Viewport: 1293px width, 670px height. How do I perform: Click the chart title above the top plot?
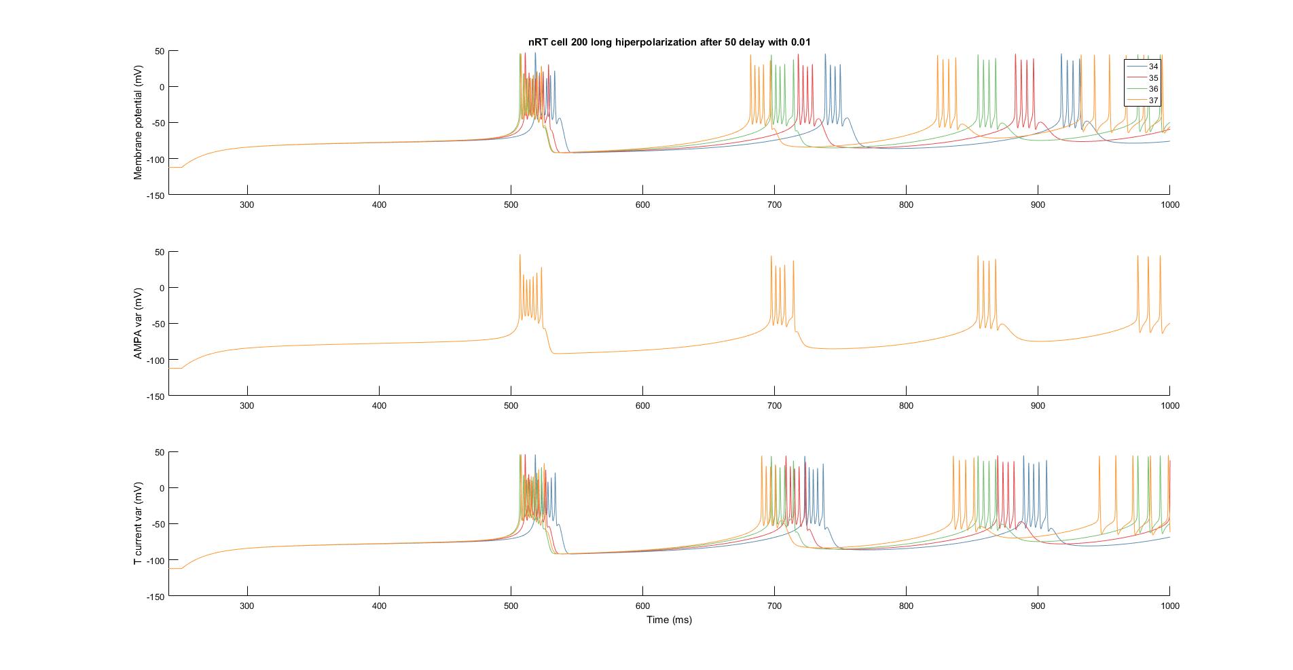coord(669,42)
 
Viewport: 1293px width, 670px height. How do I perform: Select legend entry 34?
coord(1153,67)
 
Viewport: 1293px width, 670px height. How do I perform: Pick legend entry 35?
coord(1153,78)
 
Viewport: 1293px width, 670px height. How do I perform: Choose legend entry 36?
coord(1153,89)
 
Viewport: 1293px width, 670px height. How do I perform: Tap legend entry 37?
coord(1153,100)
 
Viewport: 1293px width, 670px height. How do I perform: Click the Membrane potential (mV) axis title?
coord(139,122)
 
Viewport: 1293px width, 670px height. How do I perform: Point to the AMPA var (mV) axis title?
coord(139,323)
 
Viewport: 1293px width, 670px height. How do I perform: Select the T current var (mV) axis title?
coord(139,524)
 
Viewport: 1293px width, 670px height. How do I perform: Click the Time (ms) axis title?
coord(669,619)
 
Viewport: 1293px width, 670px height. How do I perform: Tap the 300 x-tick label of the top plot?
coord(247,205)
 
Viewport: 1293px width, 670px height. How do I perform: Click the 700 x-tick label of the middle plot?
coord(774,405)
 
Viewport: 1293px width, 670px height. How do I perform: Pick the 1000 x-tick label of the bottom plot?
coord(1169,606)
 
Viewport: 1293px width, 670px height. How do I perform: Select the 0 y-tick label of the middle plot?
coord(162,288)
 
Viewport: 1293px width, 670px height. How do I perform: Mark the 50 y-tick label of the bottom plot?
coord(160,452)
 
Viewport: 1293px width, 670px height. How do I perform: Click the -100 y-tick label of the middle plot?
coord(156,360)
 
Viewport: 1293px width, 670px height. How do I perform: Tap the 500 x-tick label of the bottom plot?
coord(511,606)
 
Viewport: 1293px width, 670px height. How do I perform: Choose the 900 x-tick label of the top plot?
coord(1038,205)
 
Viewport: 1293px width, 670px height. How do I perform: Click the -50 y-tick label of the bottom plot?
coord(158,524)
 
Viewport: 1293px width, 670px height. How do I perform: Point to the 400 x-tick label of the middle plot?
coord(379,405)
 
